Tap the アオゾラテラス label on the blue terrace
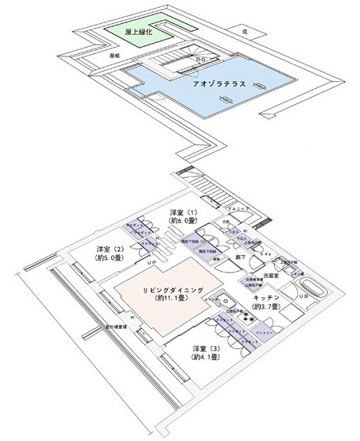[x=207, y=82]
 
